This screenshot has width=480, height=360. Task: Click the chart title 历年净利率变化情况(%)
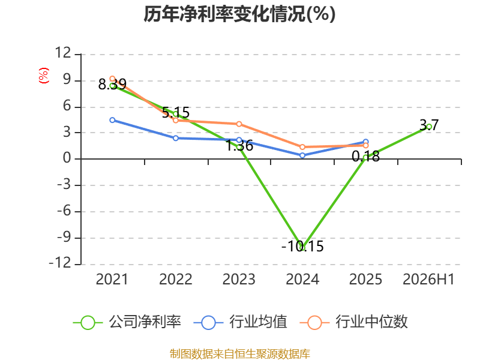click(x=239, y=14)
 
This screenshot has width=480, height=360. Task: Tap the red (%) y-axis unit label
click(x=43, y=76)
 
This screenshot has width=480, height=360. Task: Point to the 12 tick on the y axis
click(x=63, y=53)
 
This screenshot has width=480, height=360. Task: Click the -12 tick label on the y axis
click(x=60, y=263)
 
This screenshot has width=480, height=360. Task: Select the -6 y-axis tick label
click(x=64, y=211)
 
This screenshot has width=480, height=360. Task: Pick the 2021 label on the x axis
click(x=112, y=279)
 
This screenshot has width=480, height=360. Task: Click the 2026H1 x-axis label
click(x=428, y=279)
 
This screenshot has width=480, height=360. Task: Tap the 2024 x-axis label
click(x=302, y=279)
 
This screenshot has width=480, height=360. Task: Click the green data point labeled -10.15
click(x=302, y=248)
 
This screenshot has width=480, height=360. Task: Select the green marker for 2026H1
click(x=429, y=127)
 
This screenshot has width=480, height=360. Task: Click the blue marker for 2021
click(x=112, y=120)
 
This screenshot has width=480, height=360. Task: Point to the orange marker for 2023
click(x=239, y=124)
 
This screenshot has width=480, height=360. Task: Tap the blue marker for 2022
click(x=176, y=138)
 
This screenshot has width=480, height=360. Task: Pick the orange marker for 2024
click(x=302, y=147)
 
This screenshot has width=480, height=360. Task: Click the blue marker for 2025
click(x=365, y=142)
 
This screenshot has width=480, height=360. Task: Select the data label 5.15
click(x=176, y=112)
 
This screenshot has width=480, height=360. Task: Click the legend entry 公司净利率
click(x=127, y=322)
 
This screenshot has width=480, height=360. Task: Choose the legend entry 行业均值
click(x=241, y=322)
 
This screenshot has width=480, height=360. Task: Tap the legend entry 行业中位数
click(x=353, y=322)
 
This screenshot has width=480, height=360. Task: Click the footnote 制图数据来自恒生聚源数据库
click(x=239, y=354)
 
